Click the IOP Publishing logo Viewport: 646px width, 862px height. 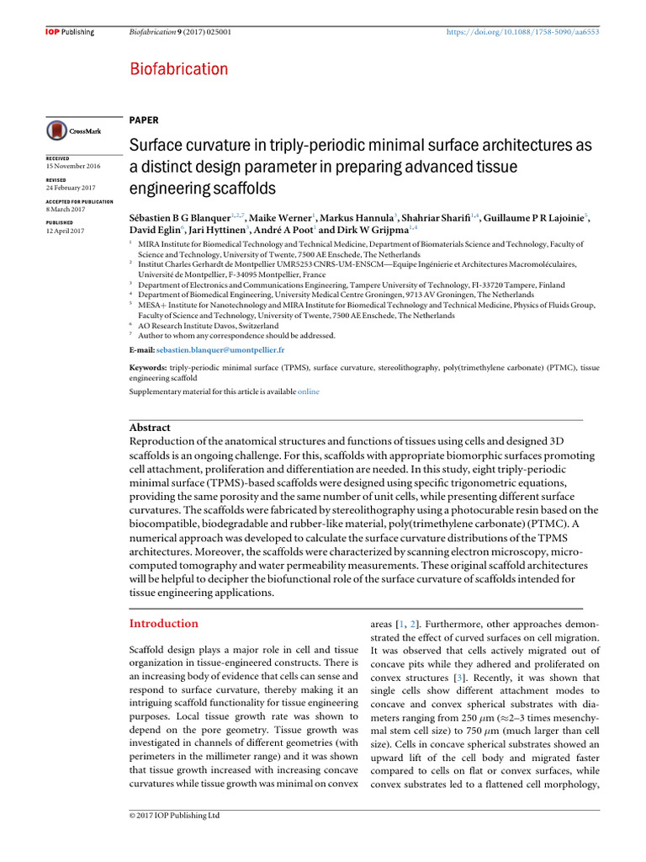(x=69, y=32)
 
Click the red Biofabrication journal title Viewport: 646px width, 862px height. (x=178, y=69)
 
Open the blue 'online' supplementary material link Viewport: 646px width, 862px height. (x=309, y=391)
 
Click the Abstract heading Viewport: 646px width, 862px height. (x=151, y=428)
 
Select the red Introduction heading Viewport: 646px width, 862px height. (x=163, y=624)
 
